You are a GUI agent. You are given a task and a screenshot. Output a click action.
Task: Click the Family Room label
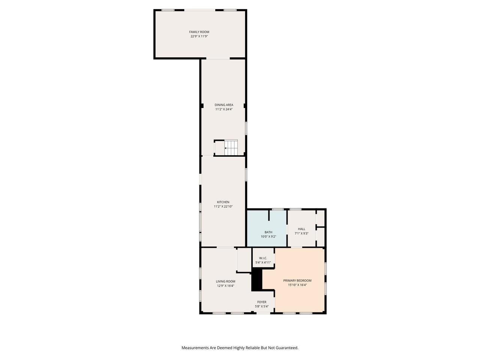(x=199, y=32)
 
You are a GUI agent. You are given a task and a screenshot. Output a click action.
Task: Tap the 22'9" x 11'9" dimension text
(x=199, y=36)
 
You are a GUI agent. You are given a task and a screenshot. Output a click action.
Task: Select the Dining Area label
(x=224, y=105)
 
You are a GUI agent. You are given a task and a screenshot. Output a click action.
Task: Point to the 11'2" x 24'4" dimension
(x=224, y=109)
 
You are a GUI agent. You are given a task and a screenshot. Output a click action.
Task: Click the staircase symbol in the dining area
(x=231, y=147)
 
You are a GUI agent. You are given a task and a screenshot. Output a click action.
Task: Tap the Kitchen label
(x=223, y=202)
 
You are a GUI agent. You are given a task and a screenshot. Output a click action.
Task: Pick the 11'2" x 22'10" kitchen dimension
(x=223, y=206)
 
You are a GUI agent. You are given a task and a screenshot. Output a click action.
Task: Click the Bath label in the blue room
(x=268, y=232)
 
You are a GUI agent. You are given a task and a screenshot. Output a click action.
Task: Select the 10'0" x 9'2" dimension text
(x=268, y=237)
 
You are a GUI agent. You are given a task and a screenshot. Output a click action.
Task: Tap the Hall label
(x=301, y=229)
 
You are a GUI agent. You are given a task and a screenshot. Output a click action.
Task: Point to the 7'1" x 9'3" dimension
(x=301, y=233)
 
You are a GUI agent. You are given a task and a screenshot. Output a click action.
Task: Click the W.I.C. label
(x=263, y=258)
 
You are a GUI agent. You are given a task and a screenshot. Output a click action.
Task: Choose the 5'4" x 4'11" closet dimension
(x=263, y=262)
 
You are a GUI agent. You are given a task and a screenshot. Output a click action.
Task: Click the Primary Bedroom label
(x=297, y=280)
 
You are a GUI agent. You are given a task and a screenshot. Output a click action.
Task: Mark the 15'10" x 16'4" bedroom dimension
(x=297, y=285)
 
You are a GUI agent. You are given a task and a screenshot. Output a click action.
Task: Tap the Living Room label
(x=225, y=281)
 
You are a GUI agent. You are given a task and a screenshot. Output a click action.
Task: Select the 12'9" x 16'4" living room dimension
(x=225, y=286)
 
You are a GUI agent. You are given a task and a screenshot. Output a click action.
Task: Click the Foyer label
(x=262, y=302)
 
